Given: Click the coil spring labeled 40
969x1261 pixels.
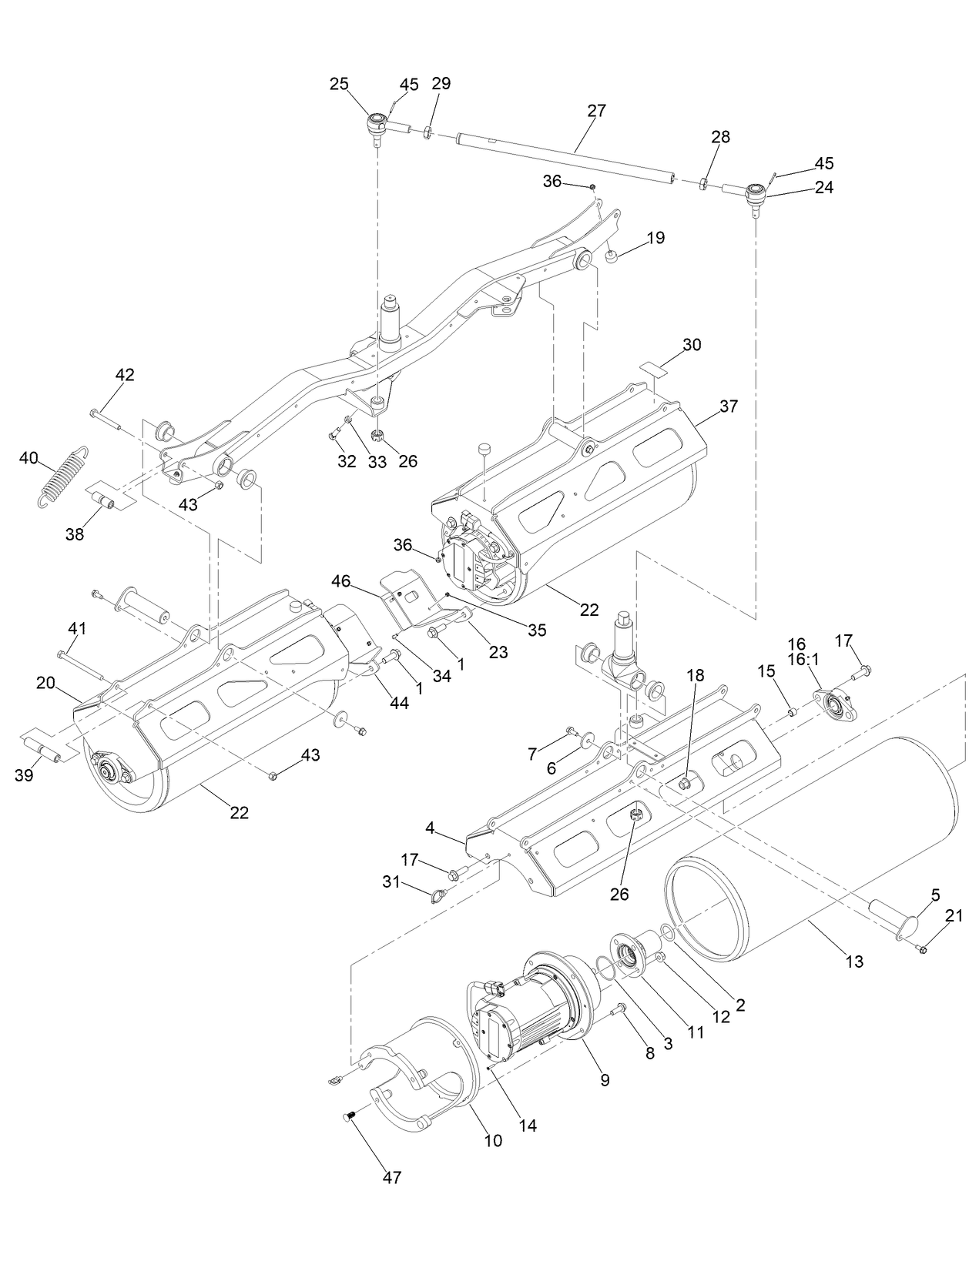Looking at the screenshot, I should click(x=63, y=477).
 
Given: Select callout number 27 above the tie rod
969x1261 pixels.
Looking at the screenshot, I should click(x=596, y=110).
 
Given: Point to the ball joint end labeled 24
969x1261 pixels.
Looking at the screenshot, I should click(x=756, y=192).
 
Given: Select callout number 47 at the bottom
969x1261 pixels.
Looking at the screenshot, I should click(x=392, y=1177).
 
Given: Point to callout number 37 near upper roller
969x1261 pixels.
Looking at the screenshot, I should click(x=728, y=406).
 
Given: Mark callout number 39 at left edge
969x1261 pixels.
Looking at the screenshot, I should click(x=24, y=775).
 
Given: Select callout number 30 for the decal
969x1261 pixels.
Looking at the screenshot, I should click(x=692, y=344).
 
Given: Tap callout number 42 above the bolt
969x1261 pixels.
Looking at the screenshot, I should click(x=125, y=375).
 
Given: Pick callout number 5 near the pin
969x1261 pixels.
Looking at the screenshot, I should click(x=935, y=895).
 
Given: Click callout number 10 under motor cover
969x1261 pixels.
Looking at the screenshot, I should click(x=493, y=1140).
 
